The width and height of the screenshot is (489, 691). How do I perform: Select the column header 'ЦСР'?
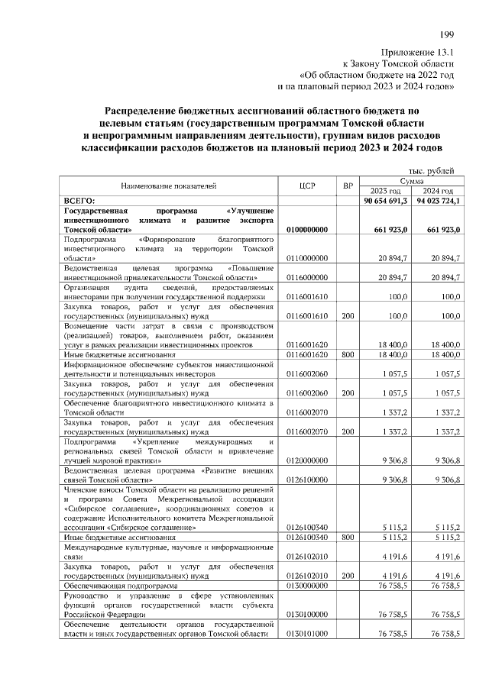[309, 186]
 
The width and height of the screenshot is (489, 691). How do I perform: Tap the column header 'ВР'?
[348, 186]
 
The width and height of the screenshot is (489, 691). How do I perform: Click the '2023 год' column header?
[386, 191]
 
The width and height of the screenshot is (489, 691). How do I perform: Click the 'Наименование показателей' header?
[169, 186]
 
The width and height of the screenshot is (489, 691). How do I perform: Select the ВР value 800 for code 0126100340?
[348, 538]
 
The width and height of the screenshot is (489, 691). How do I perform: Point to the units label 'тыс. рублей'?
[432, 171]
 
